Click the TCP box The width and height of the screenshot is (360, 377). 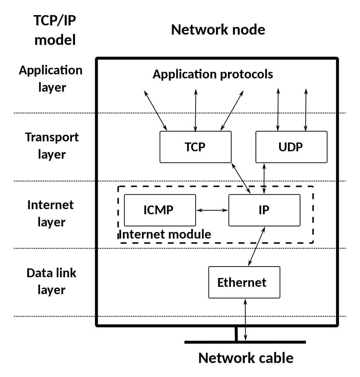point(195,147)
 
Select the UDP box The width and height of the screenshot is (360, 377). point(291,147)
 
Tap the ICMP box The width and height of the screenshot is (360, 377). point(160,210)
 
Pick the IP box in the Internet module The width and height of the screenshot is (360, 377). point(264,210)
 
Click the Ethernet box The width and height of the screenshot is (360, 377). point(244,282)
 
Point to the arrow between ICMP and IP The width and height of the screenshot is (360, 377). point(212,210)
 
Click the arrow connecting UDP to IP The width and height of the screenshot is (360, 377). point(264,179)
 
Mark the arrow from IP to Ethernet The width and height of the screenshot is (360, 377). point(257,246)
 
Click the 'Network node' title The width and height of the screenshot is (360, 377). point(218,29)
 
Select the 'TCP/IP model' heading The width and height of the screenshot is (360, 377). point(55,30)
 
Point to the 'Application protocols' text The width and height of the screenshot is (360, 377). point(213,74)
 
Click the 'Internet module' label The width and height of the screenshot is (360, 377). point(165,234)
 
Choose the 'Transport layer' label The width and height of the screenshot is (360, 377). point(52,145)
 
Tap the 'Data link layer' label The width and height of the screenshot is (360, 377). point(51,281)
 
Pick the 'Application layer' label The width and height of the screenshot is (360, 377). point(51,78)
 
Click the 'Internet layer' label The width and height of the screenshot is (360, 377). point(51,213)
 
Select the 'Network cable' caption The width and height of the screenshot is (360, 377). point(246,357)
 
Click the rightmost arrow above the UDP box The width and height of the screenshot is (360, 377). point(306,109)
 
